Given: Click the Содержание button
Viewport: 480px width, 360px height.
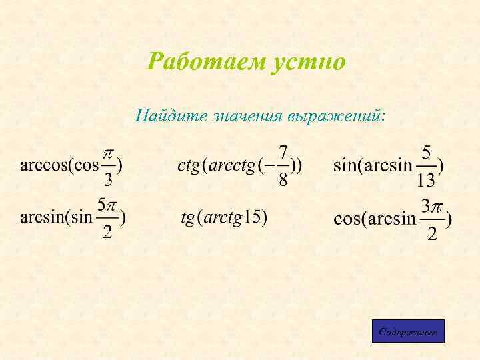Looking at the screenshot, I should coord(407,331).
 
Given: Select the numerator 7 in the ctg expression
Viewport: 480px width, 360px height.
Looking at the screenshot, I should coord(283,151).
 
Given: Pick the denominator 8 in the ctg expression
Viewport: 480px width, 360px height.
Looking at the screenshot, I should coord(283,180).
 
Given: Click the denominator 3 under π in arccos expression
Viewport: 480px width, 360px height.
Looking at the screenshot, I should coord(109,180).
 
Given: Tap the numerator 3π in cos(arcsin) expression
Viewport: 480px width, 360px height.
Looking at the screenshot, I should coord(432,205).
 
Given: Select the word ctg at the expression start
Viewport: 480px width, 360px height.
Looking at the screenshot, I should coord(189,165).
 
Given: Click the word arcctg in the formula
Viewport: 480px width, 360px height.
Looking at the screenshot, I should coord(232,165).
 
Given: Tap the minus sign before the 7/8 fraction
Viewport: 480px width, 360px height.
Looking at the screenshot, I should coord(271,165).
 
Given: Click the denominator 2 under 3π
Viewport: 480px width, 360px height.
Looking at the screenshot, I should coord(432,234).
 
